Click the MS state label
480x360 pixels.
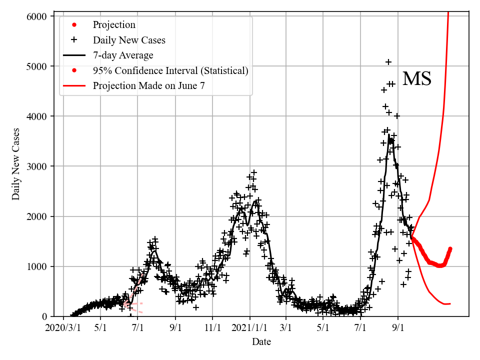tap(416, 79)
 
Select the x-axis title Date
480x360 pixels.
tap(261, 342)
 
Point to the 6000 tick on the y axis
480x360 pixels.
tap(36, 16)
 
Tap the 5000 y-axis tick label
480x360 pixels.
tap(36, 66)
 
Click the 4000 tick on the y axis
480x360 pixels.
tap(36, 116)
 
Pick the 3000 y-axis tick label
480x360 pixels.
tap(36, 166)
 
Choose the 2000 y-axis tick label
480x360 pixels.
tap(36, 216)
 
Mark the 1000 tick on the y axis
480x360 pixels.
tap(36, 266)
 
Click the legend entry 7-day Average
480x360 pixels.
tap(123, 55)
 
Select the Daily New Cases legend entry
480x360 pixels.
tap(129, 40)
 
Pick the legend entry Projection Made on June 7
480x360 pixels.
tap(148, 85)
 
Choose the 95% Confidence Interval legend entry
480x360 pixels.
tap(170, 70)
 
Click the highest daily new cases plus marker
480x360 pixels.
tap(388, 62)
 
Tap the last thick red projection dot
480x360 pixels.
tap(450, 248)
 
